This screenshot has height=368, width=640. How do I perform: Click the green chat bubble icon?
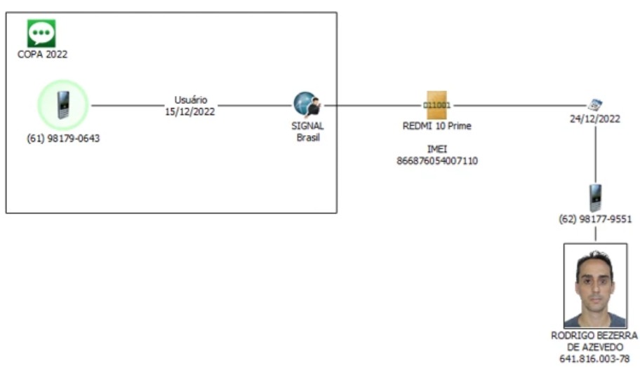pyautogui.click(x=41, y=33)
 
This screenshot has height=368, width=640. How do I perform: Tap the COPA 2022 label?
pyautogui.click(x=42, y=54)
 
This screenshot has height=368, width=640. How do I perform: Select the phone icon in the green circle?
pyautogui.click(x=62, y=105)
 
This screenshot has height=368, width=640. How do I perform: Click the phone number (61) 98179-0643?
pyautogui.click(x=63, y=138)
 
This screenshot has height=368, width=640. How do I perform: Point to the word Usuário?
pyautogui.click(x=190, y=100)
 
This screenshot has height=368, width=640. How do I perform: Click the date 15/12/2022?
pyautogui.click(x=190, y=111)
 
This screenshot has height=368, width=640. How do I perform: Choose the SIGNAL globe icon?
pyautogui.click(x=307, y=105)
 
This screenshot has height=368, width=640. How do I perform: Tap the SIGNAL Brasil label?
pyautogui.click(x=307, y=131)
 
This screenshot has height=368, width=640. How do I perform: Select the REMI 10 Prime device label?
pyautogui.click(x=437, y=126)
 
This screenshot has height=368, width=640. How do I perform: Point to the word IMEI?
pyautogui.click(x=437, y=149)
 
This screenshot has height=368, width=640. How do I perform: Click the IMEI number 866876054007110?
pyautogui.click(x=437, y=161)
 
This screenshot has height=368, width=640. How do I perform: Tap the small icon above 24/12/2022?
pyautogui.click(x=595, y=105)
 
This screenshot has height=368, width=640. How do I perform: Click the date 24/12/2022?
pyautogui.click(x=595, y=118)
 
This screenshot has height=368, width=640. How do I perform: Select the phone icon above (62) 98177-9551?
pyautogui.click(x=595, y=198)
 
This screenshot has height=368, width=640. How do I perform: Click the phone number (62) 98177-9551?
pyautogui.click(x=595, y=219)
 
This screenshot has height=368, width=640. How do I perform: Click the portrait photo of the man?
pyautogui.click(x=595, y=285)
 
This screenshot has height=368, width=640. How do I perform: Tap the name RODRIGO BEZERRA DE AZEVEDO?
pyautogui.click(x=595, y=341)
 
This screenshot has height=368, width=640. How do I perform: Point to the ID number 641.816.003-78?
pyautogui.click(x=595, y=359)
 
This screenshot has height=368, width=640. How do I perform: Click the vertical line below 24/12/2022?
pyautogui.click(x=595, y=154)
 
